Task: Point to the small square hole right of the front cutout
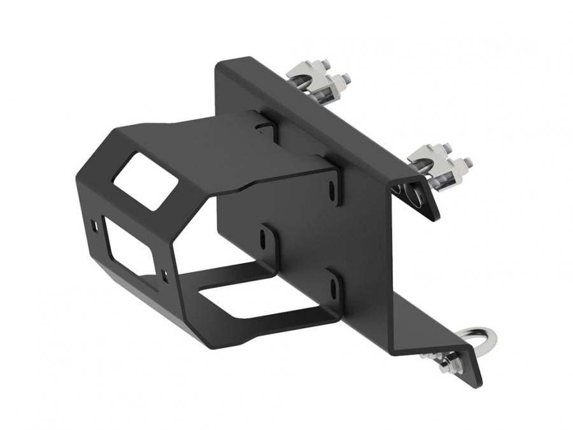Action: (x=164, y=274)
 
